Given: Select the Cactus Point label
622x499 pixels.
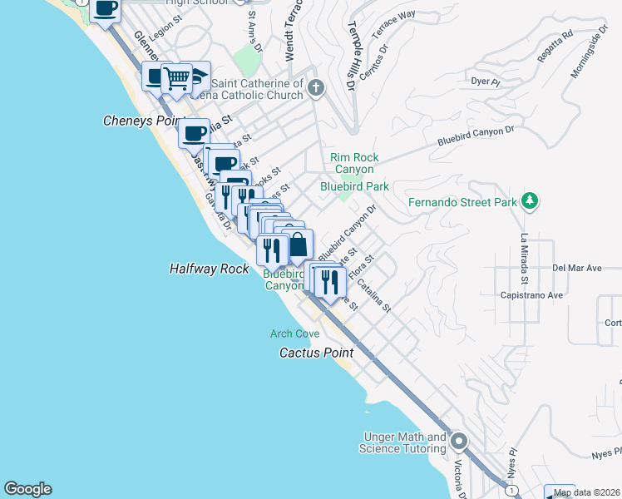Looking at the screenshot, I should click(x=316, y=353).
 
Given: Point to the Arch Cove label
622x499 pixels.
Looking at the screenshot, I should click(x=294, y=333).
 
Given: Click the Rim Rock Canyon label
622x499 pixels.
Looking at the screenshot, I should click(x=354, y=163).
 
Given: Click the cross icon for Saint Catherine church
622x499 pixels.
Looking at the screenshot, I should click(x=316, y=87).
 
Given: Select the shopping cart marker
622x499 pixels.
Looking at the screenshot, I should click(x=176, y=78).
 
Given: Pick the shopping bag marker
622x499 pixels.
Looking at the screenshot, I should click(x=297, y=245).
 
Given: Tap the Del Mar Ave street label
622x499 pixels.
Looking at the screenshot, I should click(x=576, y=269).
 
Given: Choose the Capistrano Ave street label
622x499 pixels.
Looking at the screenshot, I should click(x=532, y=294).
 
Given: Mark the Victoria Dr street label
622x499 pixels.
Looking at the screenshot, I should click(x=458, y=475).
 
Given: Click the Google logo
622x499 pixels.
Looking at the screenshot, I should click(x=27, y=489).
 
